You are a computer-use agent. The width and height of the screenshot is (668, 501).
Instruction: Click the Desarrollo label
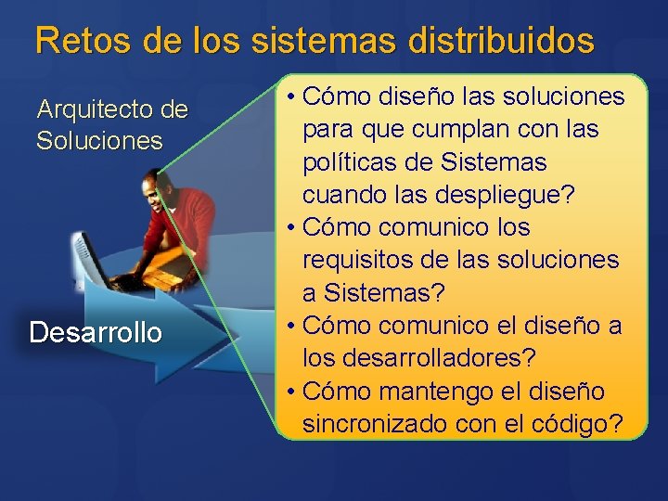point(96,331)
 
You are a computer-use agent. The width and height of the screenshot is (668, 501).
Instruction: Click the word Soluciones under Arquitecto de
point(99,141)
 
